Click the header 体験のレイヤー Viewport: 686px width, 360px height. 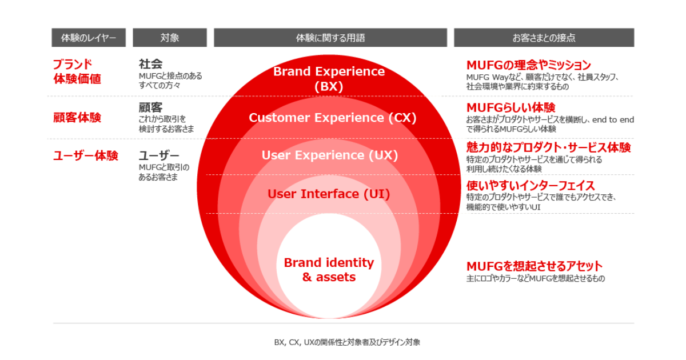tap(89, 38)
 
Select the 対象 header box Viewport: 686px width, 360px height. tap(170, 38)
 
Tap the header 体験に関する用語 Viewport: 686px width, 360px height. tap(330, 38)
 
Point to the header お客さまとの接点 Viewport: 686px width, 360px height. tap(544, 38)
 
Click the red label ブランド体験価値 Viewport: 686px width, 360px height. tap(77, 71)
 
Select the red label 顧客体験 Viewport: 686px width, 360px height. tap(77, 118)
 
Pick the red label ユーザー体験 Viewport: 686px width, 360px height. tap(85, 155)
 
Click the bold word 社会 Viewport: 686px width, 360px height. tap(150, 64)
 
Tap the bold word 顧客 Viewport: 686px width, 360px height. tap(150, 107)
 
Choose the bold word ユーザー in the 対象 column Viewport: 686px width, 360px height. tap(159, 155)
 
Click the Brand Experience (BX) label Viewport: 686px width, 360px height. tap(329, 79)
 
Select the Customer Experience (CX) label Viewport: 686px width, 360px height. tap(332, 118)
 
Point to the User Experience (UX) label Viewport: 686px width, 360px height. tap(329, 155)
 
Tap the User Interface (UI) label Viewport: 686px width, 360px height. tap(329, 194)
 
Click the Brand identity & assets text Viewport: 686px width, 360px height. tap(329, 270)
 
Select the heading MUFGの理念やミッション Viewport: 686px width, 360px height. tap(528, 65)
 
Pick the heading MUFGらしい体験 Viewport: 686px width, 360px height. tap(510, 108)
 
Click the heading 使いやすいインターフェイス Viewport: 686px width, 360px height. tap(531, 186)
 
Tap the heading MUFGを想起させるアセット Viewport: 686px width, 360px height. tap(535, 266)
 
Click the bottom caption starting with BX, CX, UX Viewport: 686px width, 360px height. tap(347, 342)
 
